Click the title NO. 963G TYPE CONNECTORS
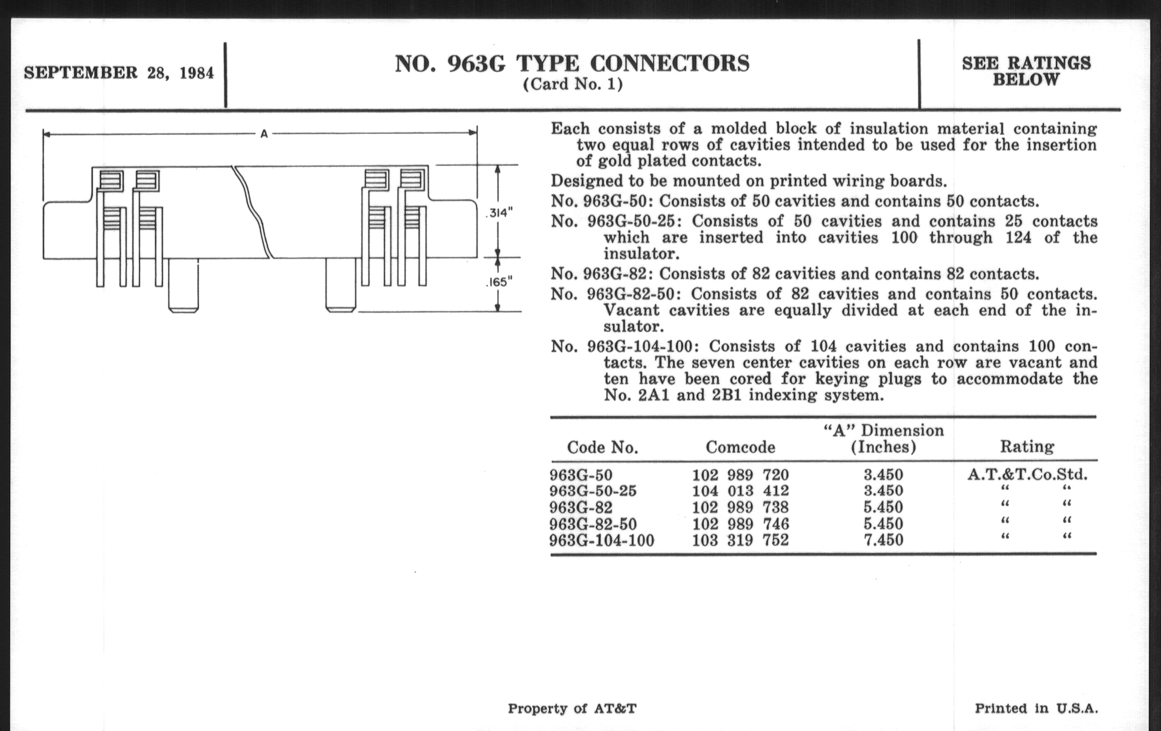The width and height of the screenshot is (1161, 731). click(x=572, y=64)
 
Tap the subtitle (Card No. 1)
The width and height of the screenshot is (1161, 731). click(x=573, y=85)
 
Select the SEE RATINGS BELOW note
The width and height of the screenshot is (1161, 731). click(x=1026, y=71)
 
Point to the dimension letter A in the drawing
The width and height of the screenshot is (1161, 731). click(x=264, y=134)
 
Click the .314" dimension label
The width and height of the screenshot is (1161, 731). click(x=499, y=212)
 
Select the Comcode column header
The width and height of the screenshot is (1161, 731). click(x=740, y=447)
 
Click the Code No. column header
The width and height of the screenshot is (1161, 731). click(x=602, y=447)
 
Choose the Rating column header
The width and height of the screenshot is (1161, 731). click(x=1026, y=446)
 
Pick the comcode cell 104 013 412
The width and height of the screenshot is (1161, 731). click(x=740, y=491)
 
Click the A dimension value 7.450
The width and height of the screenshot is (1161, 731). click(x=883, y=539)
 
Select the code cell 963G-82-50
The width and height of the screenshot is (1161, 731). click(x=593, y=524)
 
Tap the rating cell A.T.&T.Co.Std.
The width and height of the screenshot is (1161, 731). click(x=1027, y=475)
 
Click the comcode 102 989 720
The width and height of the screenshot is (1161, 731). click(x=740, y=475)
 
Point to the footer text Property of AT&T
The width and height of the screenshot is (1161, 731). click(x=572, y=709)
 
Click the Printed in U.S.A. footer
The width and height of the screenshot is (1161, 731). click(x=1036, y=709)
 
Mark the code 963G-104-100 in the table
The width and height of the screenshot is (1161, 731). click(x=602, y=540)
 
